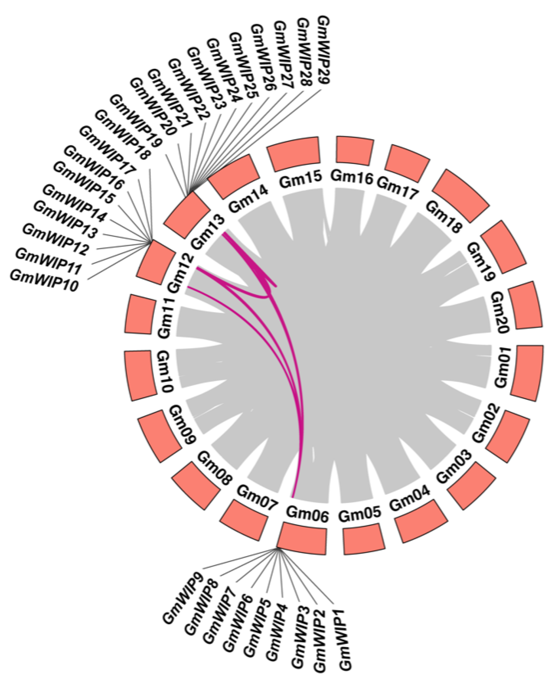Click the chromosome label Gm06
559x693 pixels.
pos(307,514)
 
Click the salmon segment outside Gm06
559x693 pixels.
pos(302,542)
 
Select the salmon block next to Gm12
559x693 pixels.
pos(154,263)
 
